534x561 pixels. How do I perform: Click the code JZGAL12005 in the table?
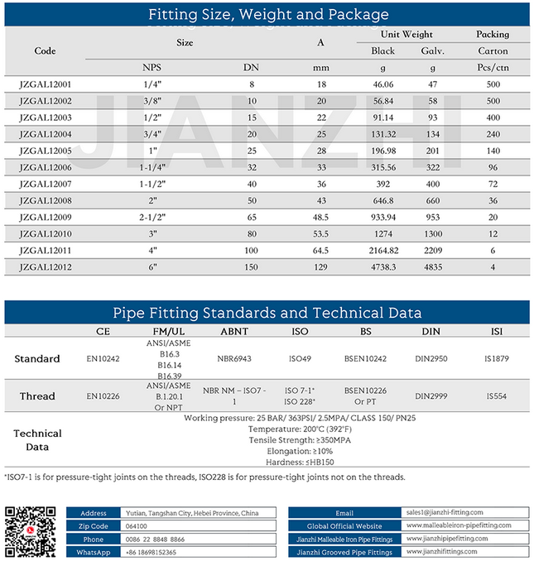45,152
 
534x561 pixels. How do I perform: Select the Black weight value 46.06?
382,84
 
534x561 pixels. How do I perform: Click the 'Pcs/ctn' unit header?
493,66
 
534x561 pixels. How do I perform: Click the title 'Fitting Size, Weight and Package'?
267,14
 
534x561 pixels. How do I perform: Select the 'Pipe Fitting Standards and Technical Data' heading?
267,313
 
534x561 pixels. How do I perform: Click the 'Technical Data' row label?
37,440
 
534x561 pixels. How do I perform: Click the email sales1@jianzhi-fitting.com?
445,513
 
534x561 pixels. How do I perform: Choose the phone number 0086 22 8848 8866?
155,539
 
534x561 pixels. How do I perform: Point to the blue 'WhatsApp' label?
94,551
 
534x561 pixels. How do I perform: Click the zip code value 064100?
136,526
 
